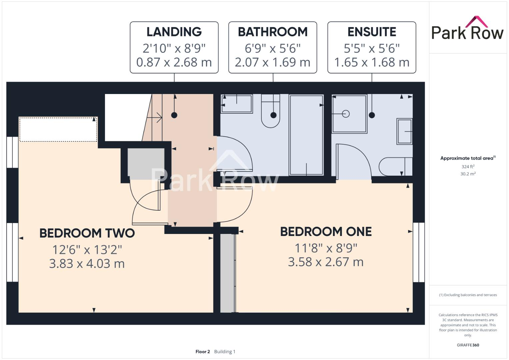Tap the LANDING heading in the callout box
[x=174, y=32]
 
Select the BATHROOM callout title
[x=272, y=32]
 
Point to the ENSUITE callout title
[x=372, y=32]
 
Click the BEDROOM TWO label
[x=87, y=233]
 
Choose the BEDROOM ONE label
[x=326, y=232]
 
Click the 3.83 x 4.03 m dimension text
[x=87, y=264]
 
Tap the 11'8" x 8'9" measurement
[x=326, y=248]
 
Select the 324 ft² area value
[x=468, y=167]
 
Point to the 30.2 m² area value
[x=468, y=174]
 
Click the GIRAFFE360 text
[x=468, y=345]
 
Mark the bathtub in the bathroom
[x=306, y=135]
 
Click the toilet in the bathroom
[x=270, y=112]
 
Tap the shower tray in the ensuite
[x=349, y=114]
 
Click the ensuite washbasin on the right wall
[x=404, y=131]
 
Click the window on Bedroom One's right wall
[x=419, y=252]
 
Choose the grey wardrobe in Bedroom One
[x=227, y=273]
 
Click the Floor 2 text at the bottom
[x=203, y=352]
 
